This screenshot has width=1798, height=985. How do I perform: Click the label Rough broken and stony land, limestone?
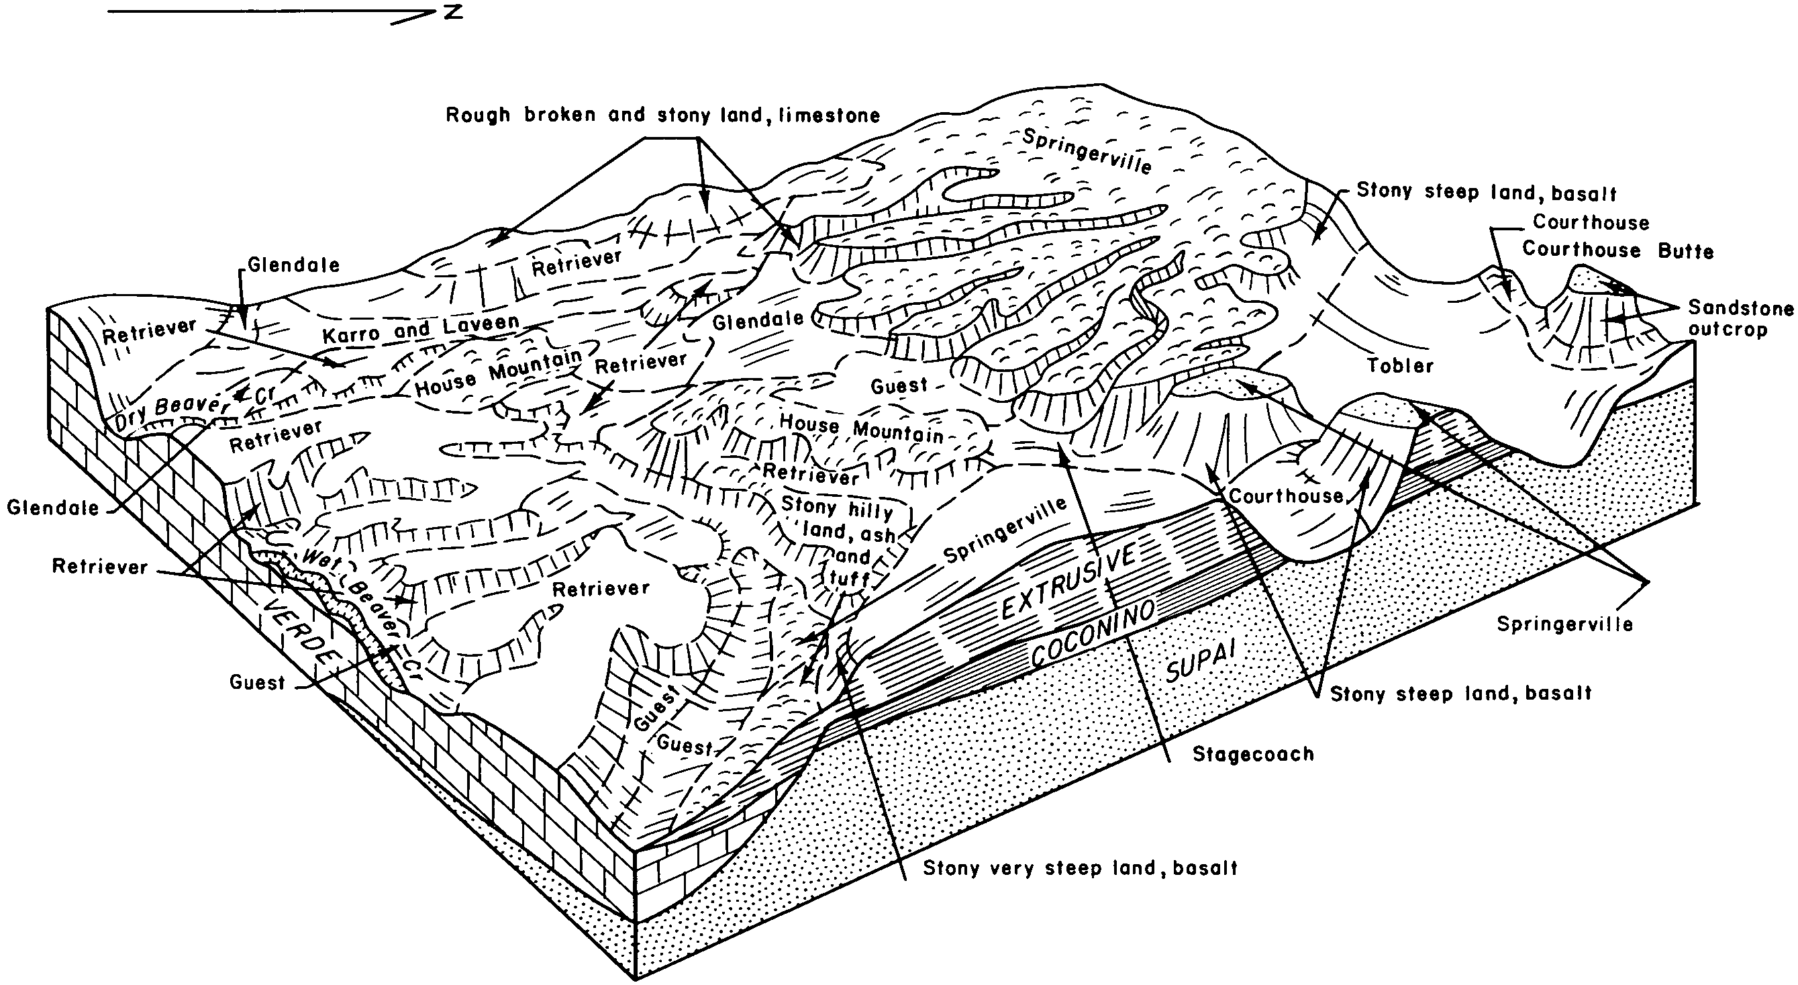click(662, 115)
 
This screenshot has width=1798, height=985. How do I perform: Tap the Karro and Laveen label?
click(421, 329)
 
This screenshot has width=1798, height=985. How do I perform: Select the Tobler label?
click(1399, 366)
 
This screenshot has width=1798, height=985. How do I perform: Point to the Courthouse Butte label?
click(1617, 250)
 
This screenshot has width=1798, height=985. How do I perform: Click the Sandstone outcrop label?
click(1740, 318)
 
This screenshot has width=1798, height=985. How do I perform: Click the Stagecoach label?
click(1253, 754)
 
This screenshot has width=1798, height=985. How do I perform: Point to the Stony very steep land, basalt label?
click(1080, 868)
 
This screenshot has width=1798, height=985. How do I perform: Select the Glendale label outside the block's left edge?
click(53, 508)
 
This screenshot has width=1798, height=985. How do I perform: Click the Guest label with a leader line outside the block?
click(257, 682)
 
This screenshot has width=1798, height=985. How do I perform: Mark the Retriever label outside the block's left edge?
click(100, 566)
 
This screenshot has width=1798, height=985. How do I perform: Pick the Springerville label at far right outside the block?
click(1565, 624)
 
